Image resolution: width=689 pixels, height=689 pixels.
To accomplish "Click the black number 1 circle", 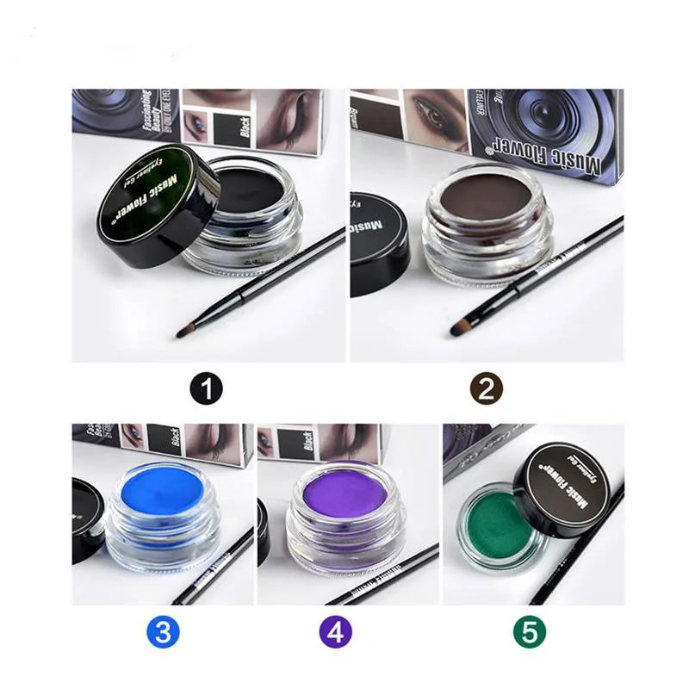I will click(x=206, y=388).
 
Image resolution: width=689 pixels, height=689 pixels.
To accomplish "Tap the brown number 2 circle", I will click(x=487, y=388).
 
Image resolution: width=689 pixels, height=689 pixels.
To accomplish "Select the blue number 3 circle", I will click(x=164, y=634).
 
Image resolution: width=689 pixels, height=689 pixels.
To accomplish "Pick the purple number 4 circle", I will click(x=337, y=634).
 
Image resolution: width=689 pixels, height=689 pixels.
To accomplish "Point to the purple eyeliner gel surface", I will click(x=344, y=497).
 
